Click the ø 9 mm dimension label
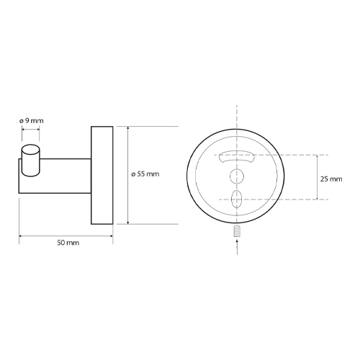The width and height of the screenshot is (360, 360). point(32,121)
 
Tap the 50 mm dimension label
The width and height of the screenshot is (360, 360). point(68,243)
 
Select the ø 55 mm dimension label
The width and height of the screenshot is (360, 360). point(145,174)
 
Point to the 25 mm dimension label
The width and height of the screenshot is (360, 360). point(331,179)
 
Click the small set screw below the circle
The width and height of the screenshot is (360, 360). point(237,231)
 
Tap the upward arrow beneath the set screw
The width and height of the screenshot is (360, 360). point(237,246)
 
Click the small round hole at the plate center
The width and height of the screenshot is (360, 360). point(237,176)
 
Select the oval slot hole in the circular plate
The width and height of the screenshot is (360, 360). point(237,199)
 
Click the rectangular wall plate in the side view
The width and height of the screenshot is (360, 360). point(102,175)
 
